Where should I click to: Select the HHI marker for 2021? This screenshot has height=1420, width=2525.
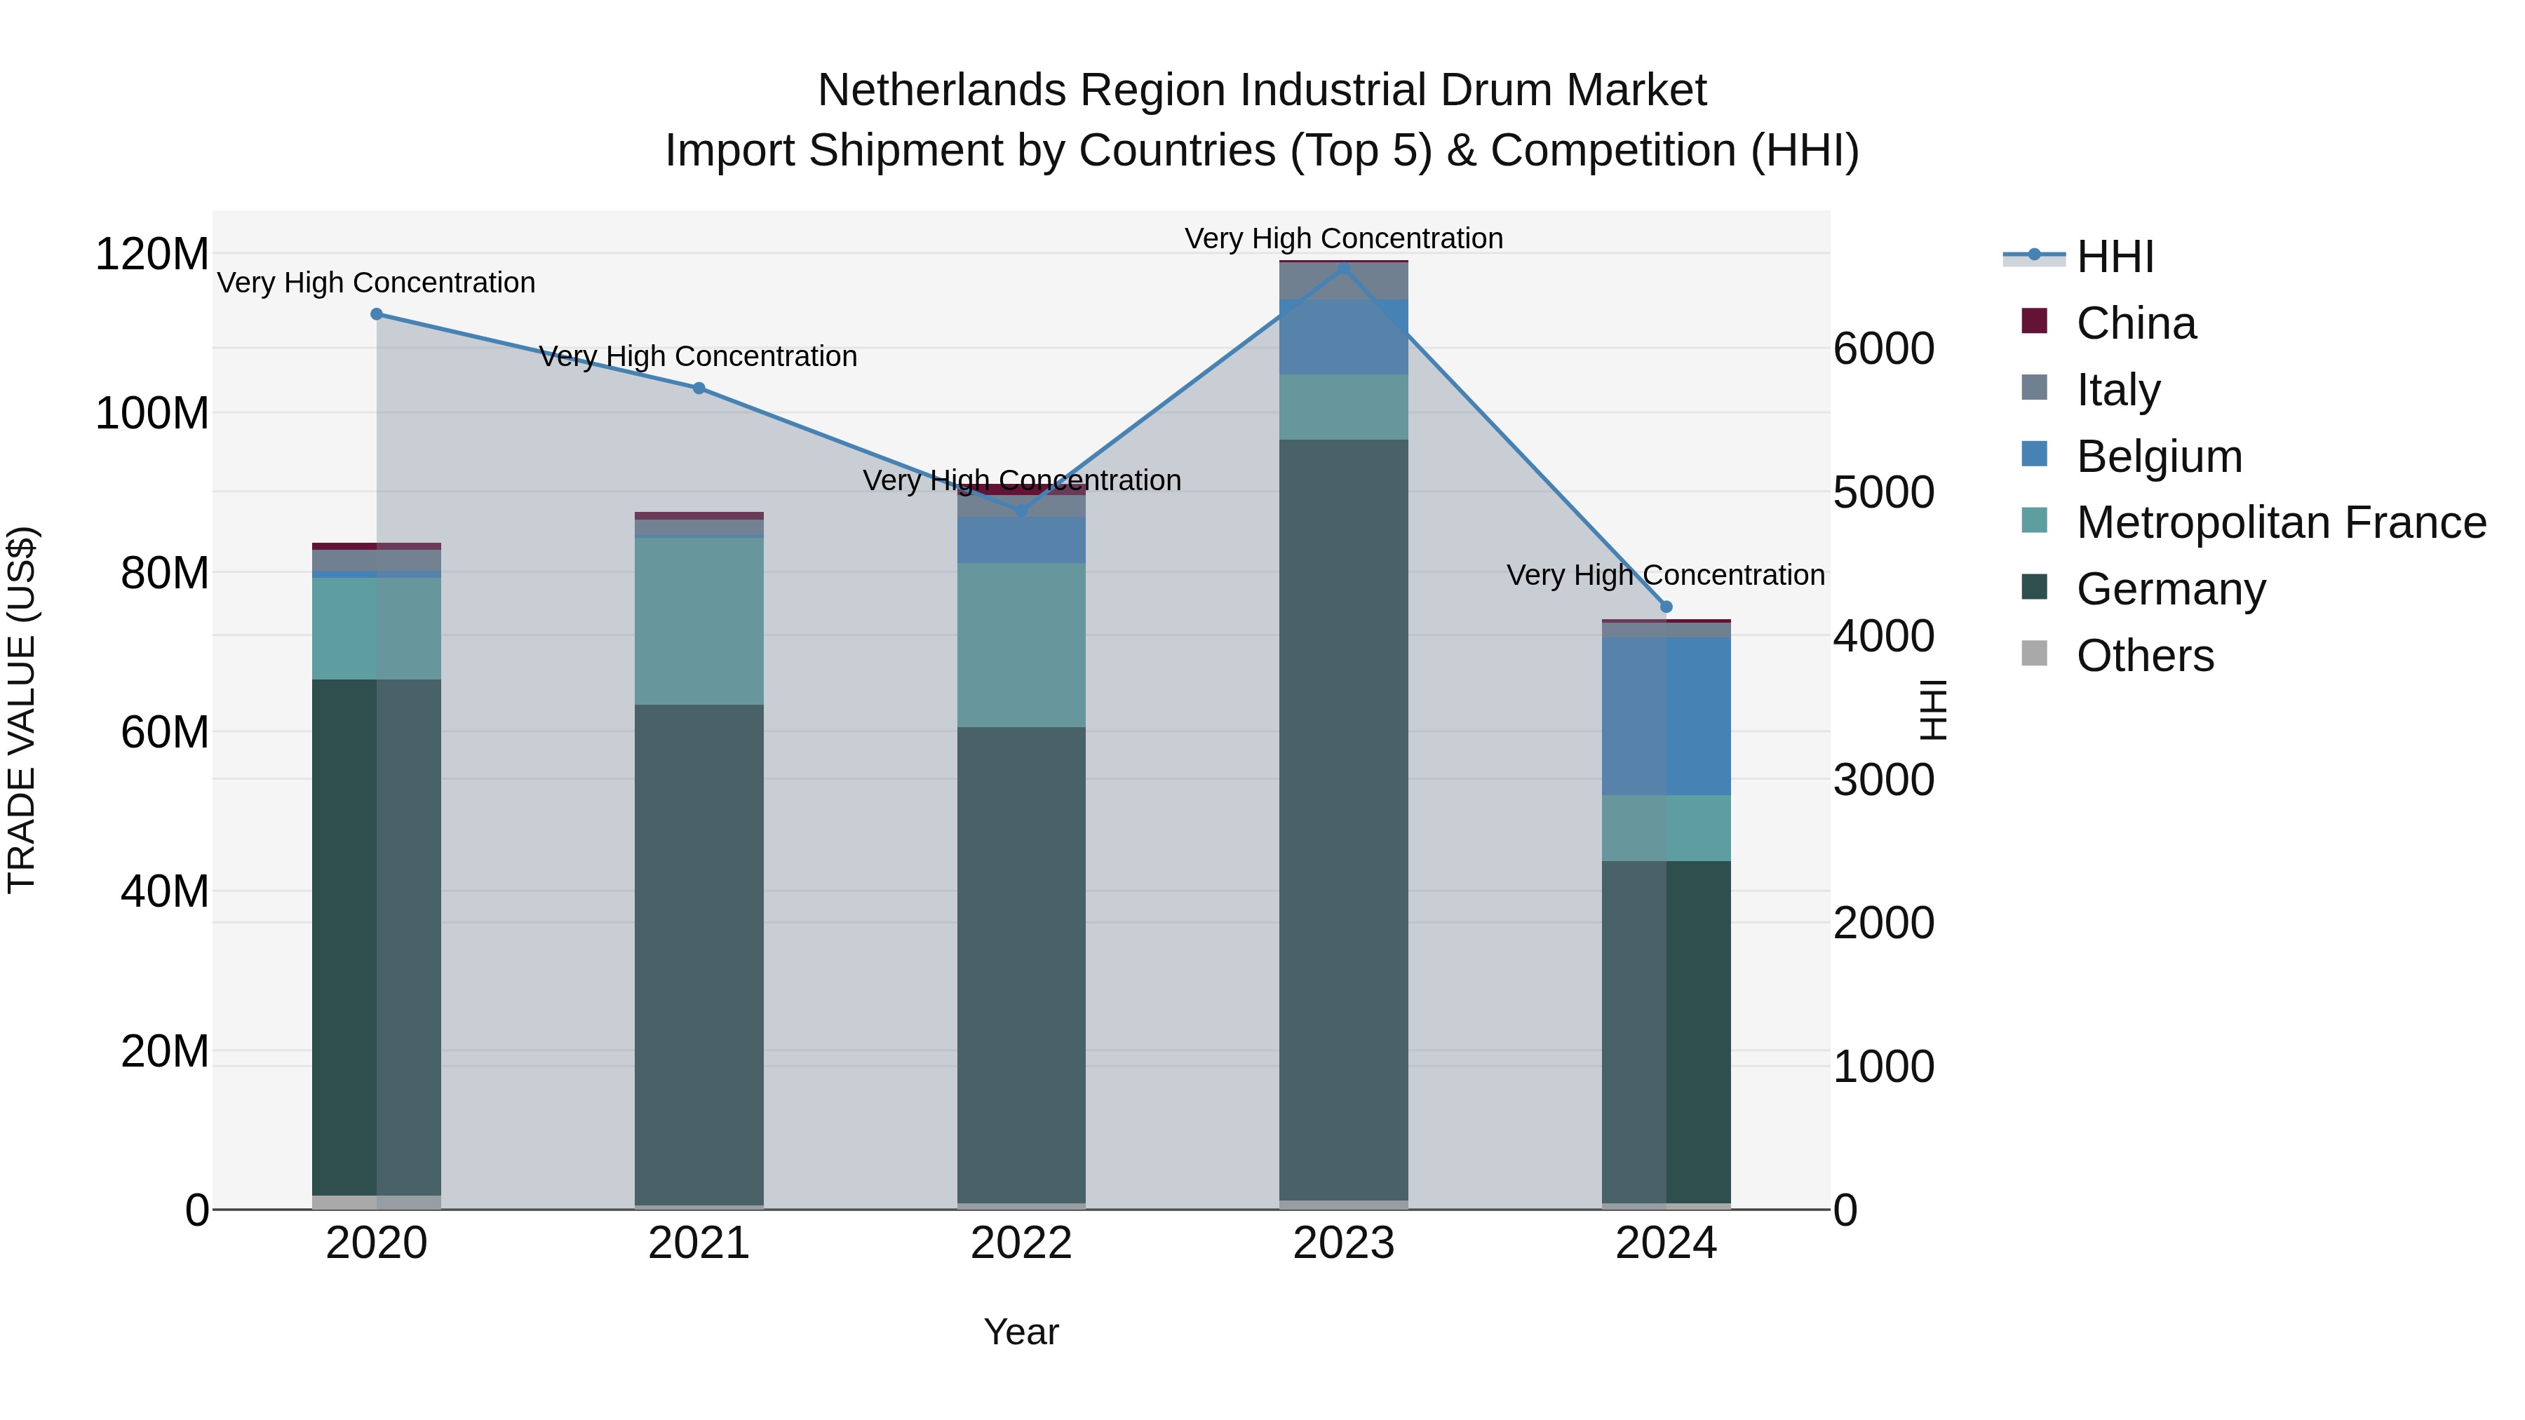point(699,388)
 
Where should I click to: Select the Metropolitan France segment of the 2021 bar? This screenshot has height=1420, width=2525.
point(699,621)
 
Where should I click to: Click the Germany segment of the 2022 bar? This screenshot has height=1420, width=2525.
point(1021,966)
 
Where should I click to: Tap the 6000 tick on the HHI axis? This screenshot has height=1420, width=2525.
point(1883,349)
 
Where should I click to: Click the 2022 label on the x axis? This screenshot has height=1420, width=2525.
point(1021,1243)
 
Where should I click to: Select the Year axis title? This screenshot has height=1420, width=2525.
point(1021,1332)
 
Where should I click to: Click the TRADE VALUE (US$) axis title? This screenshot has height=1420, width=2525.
point(22,710)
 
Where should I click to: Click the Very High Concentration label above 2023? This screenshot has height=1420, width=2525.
point(1343,238)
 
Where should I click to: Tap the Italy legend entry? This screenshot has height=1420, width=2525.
point(2117,390)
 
